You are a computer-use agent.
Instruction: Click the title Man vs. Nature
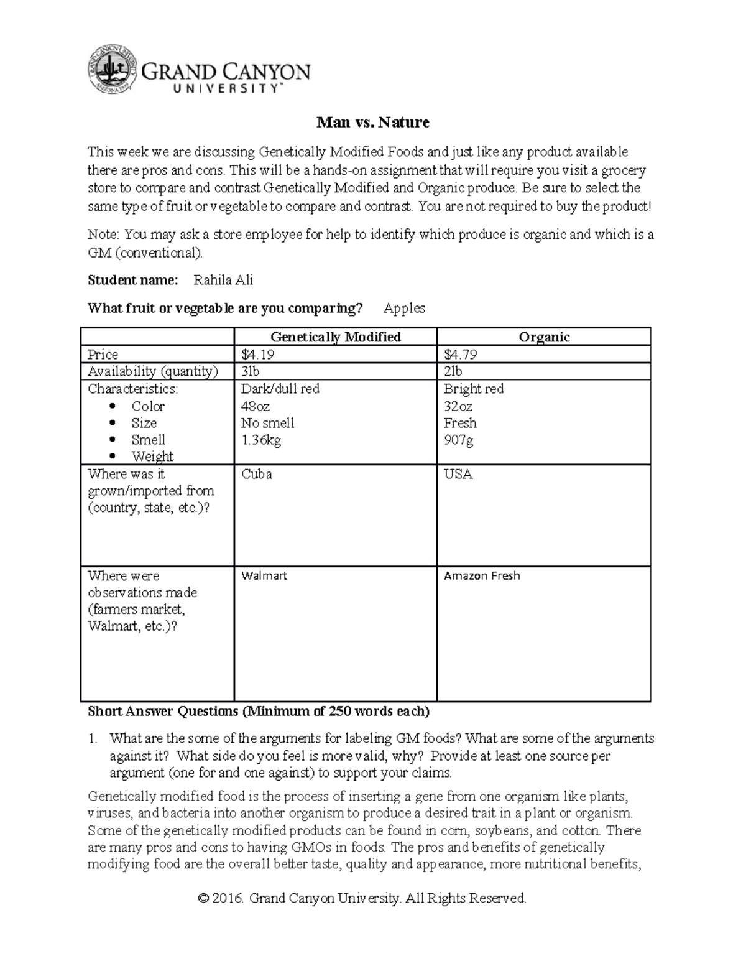point(373,122)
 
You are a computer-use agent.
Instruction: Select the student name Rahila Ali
point(223,281)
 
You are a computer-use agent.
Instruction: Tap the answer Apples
point(404,308)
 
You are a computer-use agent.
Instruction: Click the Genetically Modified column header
point(336,337)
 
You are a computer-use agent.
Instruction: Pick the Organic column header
point(544,337)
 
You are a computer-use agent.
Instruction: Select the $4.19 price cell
point(258,355)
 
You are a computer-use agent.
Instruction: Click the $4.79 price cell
point(461,355)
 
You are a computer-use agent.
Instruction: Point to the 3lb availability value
point(251,372)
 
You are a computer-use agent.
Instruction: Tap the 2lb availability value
point(453,372)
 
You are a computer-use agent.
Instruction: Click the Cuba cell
point(257,474)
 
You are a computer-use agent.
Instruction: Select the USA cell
point(458,474)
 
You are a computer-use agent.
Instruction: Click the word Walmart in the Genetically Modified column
point(264,576)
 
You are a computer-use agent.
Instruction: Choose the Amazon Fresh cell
point(482,576)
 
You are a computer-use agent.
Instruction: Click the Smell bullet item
point(148,440)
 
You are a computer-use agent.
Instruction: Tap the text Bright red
point(474,389)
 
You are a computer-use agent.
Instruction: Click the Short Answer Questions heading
point(258,711)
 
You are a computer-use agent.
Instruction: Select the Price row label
point(103,355)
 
